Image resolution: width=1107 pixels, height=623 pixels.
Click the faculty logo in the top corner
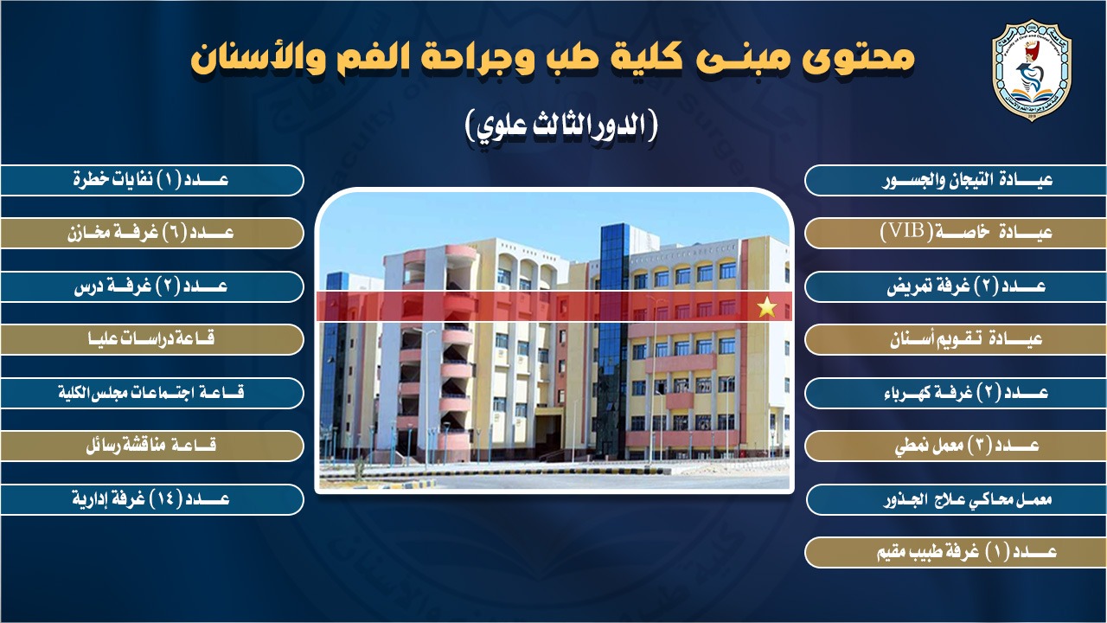(1032, 70)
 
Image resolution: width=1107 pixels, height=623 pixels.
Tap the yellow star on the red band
(767, 307)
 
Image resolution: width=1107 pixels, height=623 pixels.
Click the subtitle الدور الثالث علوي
(561, 127)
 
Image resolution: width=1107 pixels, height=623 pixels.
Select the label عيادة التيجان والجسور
(967, 180)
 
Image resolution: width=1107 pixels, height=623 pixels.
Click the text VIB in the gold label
(904, 231)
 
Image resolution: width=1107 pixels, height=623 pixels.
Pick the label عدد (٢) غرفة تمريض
(966, 286)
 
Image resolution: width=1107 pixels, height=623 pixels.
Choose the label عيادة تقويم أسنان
(966, 340)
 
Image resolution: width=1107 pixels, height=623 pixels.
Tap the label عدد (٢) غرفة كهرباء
(966, 393)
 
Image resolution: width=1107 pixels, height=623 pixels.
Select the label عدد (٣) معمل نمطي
(967, 446)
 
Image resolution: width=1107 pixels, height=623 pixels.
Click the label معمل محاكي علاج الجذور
(968, 500)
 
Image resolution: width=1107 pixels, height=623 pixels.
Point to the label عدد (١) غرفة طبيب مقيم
(967, 552)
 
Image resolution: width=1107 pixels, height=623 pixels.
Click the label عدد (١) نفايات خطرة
(150, 179)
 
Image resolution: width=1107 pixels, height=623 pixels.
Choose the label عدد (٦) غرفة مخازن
(150, 233)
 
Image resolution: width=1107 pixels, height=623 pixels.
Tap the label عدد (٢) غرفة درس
(150, 286)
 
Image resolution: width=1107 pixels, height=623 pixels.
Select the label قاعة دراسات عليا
(151, 339)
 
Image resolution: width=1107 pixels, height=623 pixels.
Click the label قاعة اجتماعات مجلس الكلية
(151, 393)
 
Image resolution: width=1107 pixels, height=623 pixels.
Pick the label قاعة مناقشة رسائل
(151, 446)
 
